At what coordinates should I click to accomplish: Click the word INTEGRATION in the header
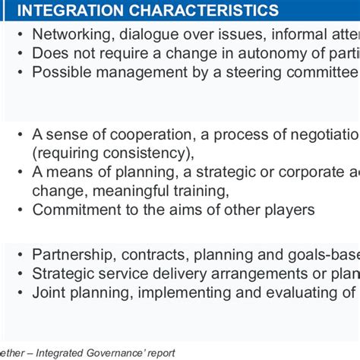pyautogui.click(x=69, y=11)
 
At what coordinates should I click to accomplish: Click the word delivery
pyautogui.click(x=175, y=273)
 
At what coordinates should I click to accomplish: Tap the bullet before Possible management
pyautogui.click(x=21, y=72)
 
